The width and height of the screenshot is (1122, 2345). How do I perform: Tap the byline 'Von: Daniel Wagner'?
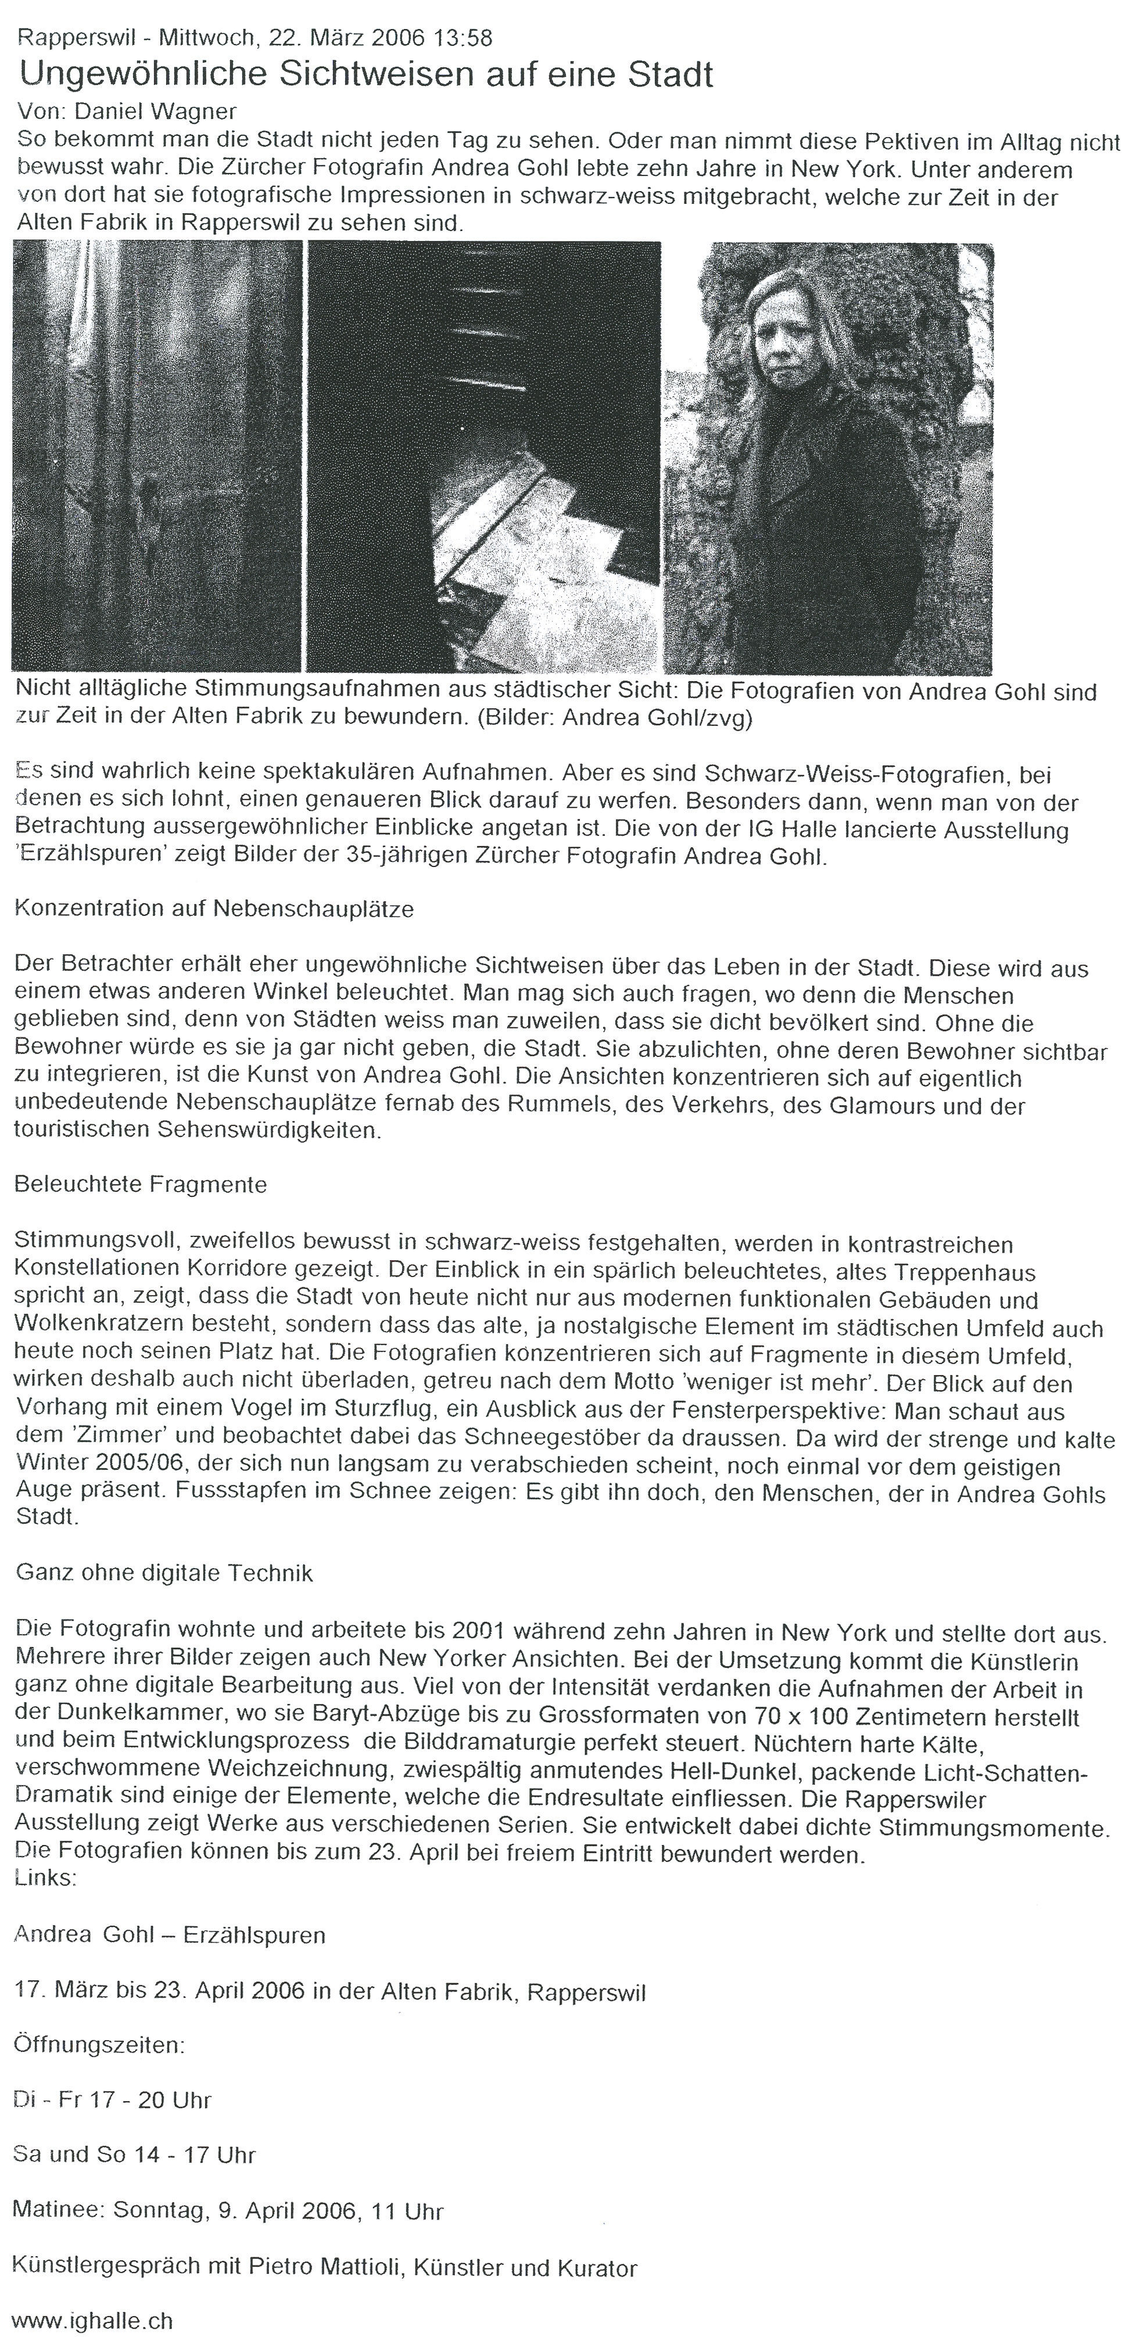[127, 112]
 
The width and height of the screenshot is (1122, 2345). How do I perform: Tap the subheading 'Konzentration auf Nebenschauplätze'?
[214, 908]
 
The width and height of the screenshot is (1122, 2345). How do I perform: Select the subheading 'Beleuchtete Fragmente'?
[141, 1184]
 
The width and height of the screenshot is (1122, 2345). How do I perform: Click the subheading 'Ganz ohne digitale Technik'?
[164, 1573]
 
